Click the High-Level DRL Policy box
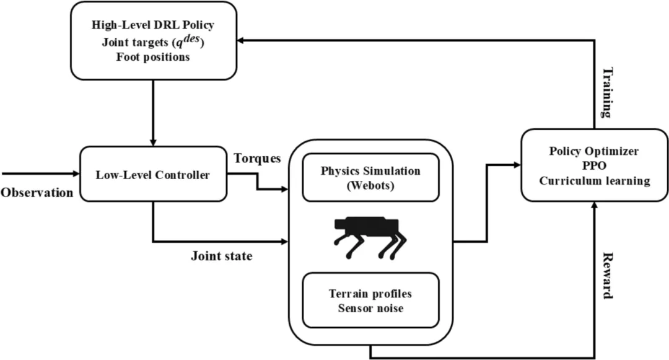point(153,40)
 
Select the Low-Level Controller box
point(153,174)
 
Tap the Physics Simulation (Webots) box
point(370,177)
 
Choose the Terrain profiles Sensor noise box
point(370,301)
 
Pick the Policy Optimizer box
point(594,165)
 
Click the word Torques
point(257,159)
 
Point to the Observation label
point(37,193)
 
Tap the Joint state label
point(221,256)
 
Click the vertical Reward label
point(608,276)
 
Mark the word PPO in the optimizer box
point(594,165)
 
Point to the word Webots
point(370,186)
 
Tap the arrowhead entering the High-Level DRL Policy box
point(240,40)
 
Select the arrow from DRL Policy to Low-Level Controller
point(153,113)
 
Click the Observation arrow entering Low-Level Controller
point(40,173)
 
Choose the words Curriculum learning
point(594,181)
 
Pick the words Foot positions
point(153,57)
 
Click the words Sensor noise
point(370,309)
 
